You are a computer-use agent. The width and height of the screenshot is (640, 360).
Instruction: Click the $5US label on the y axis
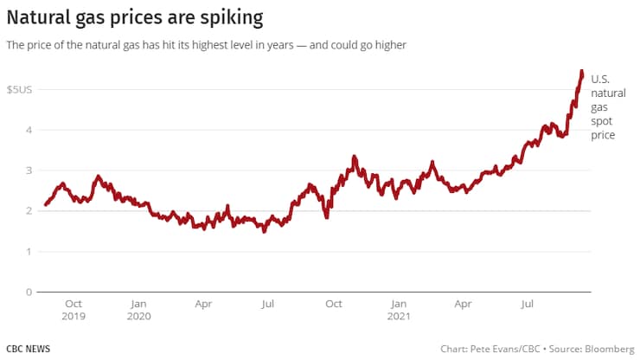tap(19, 90)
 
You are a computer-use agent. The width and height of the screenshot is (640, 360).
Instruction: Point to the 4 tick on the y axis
tap(29, 130)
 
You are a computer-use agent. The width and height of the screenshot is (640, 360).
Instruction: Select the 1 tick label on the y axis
tap(29, 252)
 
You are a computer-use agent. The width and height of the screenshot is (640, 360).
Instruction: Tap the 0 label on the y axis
tap(29, 292)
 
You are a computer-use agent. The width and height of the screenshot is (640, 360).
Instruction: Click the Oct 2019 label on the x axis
tap(74, 310)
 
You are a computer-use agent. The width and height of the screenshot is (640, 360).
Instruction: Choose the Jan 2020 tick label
tap(138, 310)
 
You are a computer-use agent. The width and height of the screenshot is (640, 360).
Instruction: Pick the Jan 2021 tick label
tap(398, 310)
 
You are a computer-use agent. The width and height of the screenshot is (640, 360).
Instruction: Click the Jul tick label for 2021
tap(526, 305)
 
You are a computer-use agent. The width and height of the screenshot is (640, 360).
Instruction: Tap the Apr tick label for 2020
tap(203, 305)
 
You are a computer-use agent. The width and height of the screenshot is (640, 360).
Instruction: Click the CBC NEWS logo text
tap(28, 348)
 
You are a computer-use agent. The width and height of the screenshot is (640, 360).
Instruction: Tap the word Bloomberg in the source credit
tap(604, 348)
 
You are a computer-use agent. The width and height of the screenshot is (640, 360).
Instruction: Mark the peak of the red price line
tap(581, 71)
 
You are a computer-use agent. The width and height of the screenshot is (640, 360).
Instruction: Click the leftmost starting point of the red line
tap(45, 207)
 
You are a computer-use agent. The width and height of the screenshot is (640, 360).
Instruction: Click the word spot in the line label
tap(600, 123)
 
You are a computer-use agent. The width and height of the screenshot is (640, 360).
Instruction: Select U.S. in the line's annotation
tap(600, 80)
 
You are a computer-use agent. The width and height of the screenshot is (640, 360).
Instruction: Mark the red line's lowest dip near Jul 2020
tap(265, 231)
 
